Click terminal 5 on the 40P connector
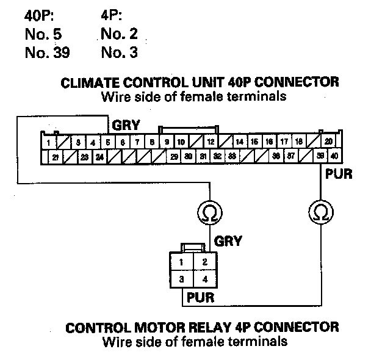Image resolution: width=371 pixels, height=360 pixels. (x=107, y=142)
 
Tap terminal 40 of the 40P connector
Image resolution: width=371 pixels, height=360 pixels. (x=334, y=156)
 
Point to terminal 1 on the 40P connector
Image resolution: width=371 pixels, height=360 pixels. (x=48, y=142)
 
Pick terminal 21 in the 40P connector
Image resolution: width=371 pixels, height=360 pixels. (x=55, y=157)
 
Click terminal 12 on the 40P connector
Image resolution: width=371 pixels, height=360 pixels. (x=210, y=142)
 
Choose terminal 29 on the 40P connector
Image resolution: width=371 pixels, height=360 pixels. (x=174, y=157)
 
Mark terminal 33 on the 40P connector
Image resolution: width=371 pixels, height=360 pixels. (x=232, y=157)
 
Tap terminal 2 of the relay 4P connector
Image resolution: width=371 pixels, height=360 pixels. (x=206, y=263)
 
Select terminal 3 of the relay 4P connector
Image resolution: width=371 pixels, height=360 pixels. (x=182, y=279)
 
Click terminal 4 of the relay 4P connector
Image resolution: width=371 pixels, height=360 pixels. (x=206, y=279)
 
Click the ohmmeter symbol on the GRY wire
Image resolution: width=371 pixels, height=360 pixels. (x=210, y=213)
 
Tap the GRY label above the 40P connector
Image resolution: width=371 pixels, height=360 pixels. (x=126, y=126)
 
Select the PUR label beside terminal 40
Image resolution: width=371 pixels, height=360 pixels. (x=339, y=174)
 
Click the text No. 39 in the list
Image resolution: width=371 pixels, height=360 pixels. (x=47, y=53)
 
